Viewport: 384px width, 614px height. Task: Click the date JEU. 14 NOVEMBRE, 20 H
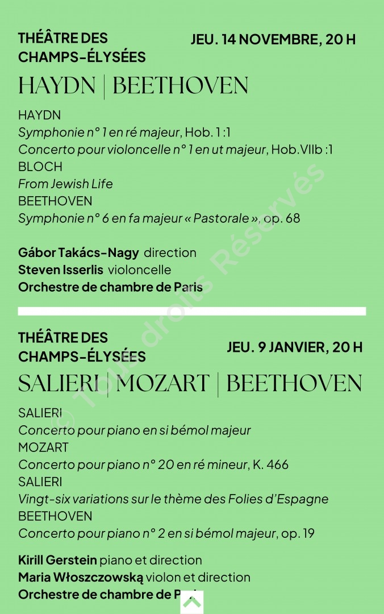[273, 40]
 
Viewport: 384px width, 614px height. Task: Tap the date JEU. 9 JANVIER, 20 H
[294, 347]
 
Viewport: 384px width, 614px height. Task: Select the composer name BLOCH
[40, 167]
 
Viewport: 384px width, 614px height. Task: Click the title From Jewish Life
[65, 184]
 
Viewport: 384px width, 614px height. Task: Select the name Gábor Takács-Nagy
[78, 253]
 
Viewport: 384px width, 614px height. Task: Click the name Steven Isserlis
[61, 270]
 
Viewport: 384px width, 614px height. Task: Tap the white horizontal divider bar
[192, 311]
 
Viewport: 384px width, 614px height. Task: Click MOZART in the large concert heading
[163, 384]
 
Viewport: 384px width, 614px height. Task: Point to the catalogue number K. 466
[270, 465]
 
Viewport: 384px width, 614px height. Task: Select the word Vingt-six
[41, 499]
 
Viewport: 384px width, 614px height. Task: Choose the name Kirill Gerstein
[57, 561]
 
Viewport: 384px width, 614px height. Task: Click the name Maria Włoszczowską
[80, 578]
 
